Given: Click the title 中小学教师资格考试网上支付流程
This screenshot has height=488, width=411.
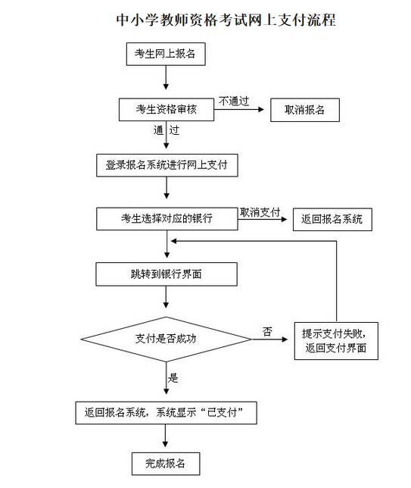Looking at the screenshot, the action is click(x=226, y=20).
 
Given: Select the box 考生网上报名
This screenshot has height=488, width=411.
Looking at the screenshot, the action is click(x=166, y=54).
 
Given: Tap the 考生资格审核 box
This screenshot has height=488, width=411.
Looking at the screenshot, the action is click(x=167, y=110).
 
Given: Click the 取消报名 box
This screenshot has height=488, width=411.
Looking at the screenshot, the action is click(x=305, y=110).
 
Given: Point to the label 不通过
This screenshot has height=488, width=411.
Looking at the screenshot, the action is click(x=234, y=101).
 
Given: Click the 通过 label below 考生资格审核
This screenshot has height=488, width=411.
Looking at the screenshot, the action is click(x=167, y=130).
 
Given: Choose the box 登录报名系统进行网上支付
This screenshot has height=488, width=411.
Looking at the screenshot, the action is click(x=167, y=165).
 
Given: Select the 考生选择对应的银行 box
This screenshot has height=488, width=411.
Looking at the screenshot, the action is click(x=167, y=219).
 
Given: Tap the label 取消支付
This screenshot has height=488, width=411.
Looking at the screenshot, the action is click(x=260, y=212).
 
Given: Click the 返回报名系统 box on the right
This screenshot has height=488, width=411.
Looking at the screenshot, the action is click(x=332, y=220).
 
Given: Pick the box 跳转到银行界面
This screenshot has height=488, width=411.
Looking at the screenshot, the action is click(x=167, y=274).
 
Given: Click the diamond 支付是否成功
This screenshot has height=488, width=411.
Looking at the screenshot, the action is click(x=166, y=339).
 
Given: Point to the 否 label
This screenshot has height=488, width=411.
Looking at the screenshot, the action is click(x=267, y=331).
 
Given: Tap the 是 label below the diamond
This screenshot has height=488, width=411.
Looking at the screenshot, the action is click(x=173, y=378).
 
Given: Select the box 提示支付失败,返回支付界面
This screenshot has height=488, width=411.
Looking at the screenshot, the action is click(x=336, y=341).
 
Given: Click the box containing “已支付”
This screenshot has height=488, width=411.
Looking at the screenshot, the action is click(x=166, y=413).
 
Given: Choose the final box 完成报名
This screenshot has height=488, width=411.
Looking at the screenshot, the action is click(x=166, y=464).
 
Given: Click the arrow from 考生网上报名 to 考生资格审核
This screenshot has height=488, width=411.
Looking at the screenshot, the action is click(x=166, y=77).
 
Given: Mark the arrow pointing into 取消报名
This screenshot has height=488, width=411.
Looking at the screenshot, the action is click(x=239, y=110).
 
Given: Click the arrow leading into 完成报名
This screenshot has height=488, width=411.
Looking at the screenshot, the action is click(x=166, y=436).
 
